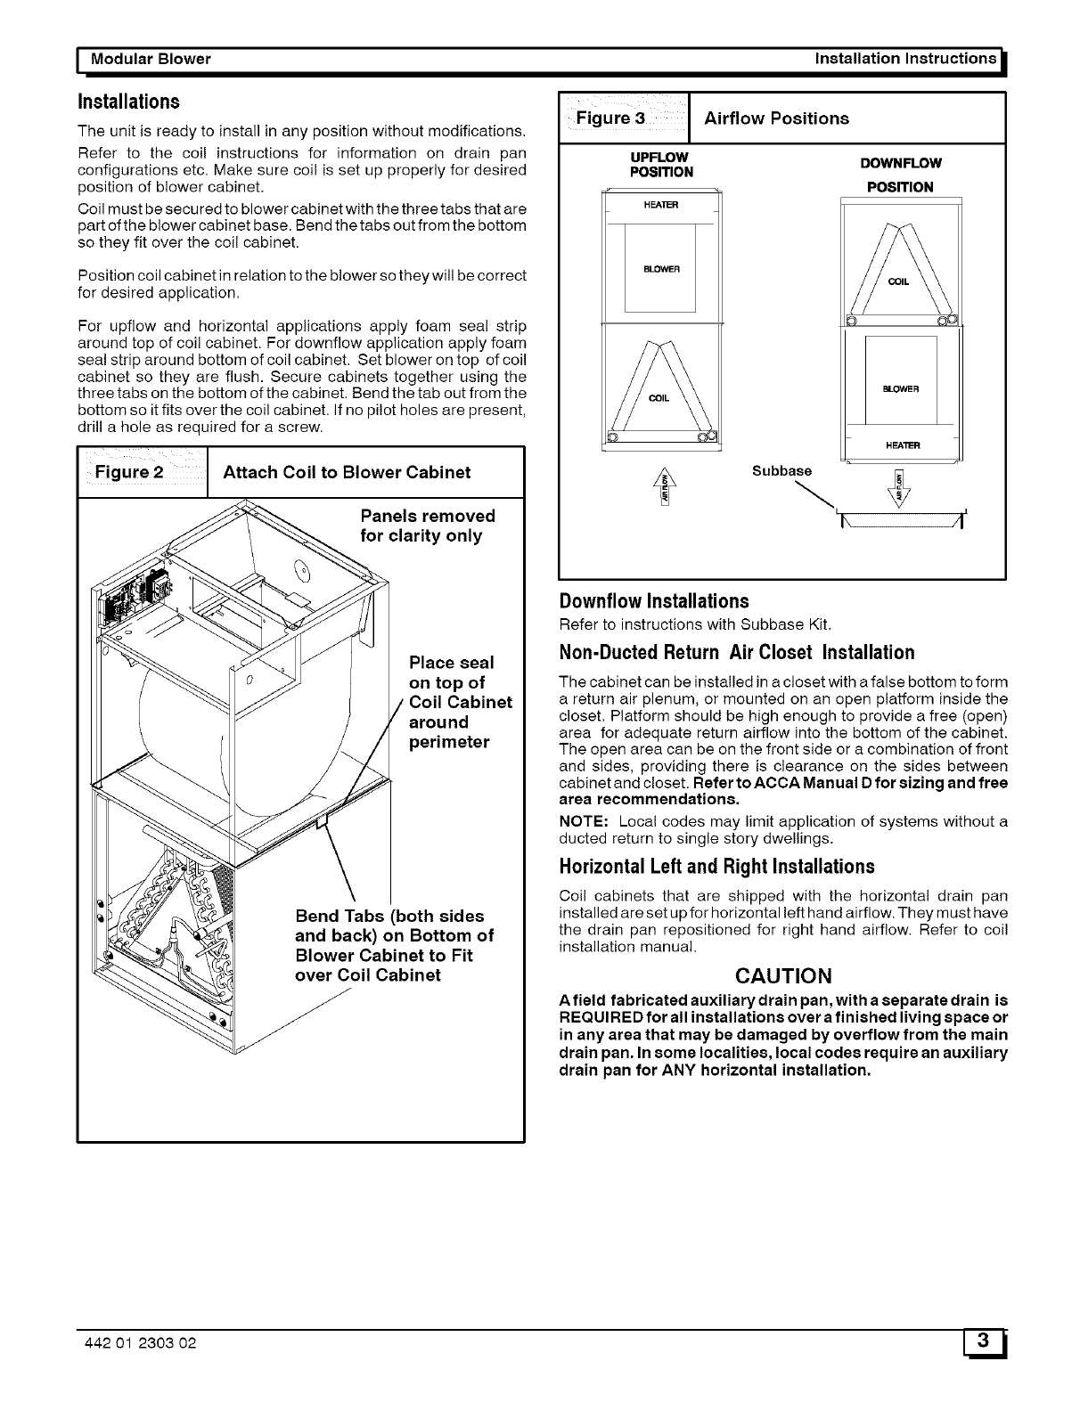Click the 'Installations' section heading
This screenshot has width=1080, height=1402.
(x=129, y=101)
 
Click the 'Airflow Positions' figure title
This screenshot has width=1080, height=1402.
(x=776, y=118)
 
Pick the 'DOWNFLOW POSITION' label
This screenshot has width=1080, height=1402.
(x=900, y=175)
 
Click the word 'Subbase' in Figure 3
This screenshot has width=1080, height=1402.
(x=781, y=471)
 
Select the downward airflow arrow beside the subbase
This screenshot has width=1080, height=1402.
(x=898, y=488)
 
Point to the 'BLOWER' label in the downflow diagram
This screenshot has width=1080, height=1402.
(x=900, y=388)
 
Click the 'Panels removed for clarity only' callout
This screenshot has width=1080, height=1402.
(x=427, y=526)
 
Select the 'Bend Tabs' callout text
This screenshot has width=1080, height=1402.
(x=393, y=945)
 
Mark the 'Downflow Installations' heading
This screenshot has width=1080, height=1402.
(x=654, y=601)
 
